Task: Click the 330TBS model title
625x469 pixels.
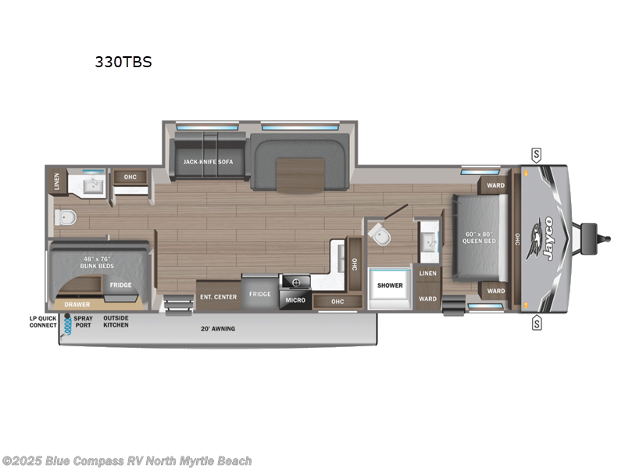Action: (x=123, y=63)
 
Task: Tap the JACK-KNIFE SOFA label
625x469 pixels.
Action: (x=209, y=162)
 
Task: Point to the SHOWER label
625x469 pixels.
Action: (x=390, y=285)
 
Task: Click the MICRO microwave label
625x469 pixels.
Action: (x=295, y=299)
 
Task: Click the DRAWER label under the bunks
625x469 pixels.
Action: (x=77, y=304)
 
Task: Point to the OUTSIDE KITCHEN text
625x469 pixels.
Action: (x=116, y=320)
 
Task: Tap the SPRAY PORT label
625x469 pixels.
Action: (x=83, y=320)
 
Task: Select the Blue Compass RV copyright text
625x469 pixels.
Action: (x=127, y=461)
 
